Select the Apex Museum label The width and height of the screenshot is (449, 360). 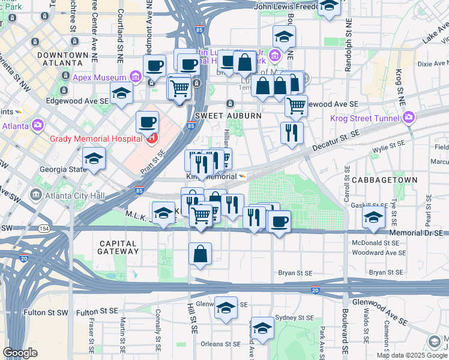(98, 77)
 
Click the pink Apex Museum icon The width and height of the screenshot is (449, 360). (134, 77)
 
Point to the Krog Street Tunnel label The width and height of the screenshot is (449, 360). (366, 118)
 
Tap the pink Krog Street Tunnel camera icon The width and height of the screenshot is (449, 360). (409, 117)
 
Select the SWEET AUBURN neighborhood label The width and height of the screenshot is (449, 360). (219, 115)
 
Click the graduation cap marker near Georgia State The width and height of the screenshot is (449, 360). (94, 159)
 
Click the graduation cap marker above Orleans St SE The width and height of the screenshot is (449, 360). (262, 328)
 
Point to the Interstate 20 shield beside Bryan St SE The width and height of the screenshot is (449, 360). (316, 290)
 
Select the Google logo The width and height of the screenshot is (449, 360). (20, 353)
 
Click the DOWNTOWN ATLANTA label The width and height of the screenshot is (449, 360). (59, 58)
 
